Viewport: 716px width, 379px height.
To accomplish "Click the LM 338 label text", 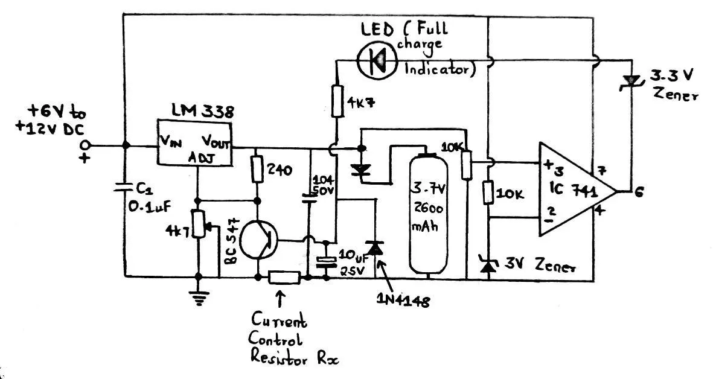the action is pyautogui.click(x=202, y=111).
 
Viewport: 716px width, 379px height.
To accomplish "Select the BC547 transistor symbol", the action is pyautogui.click(x=258, y=240).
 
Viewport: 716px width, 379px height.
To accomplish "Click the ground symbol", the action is pyautogui.click(x=199, y=298).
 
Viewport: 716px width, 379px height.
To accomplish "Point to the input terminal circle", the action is pyautogui.click(x=85, y=145).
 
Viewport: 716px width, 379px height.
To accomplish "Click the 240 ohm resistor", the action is pyautogui.click(x=257, y=169).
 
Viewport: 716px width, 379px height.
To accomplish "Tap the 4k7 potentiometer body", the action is pyautogui.click(x=199, y=225).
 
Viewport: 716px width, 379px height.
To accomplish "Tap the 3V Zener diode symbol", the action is pyautogui.click(x=488, y=265).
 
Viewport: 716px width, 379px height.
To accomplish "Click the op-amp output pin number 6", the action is pyautogui.click(x=639, y=192).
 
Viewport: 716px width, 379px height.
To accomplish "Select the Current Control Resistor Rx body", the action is pyautogui.click(x=284, y=277).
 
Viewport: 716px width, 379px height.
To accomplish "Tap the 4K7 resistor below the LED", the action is pyautogui.click(x=337, y=101).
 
